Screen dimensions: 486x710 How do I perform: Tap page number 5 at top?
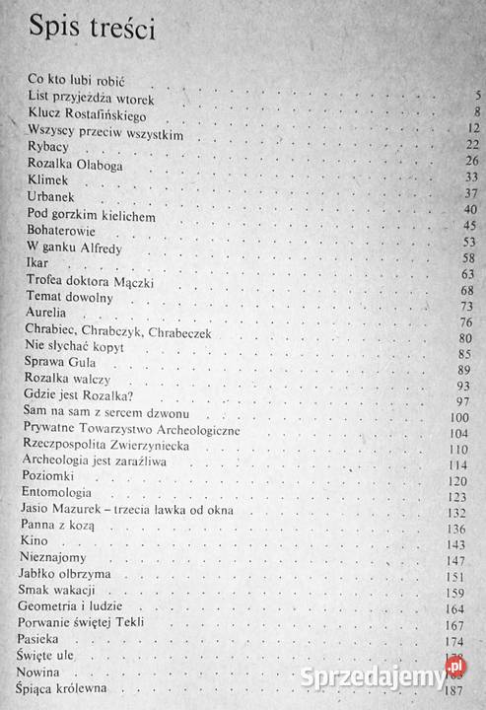(477, 95)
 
